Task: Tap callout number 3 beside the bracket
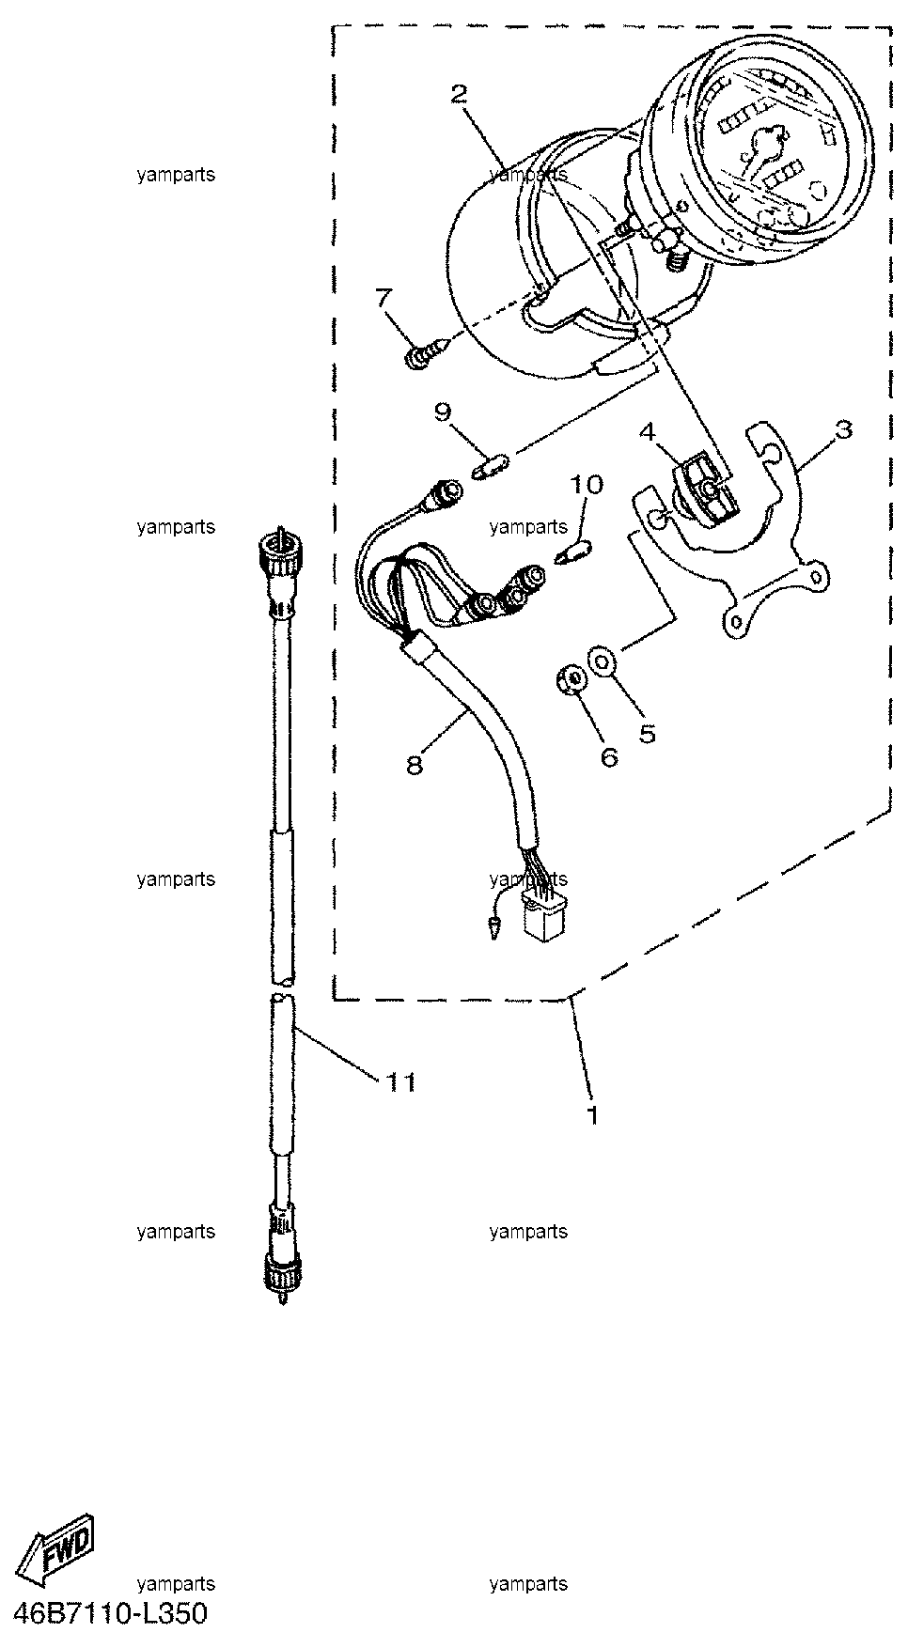pyautogui.click(x=843, y=430)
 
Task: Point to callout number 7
pyautogui.click(x=383, y=299)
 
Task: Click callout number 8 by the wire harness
pyautogui.click(x=415, y=765)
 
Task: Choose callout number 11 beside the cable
pyautogui.click(x=400, y=1082)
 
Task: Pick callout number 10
pyautogui.click(x=587, y=485)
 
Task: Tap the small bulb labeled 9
pyautogui.click(x=489, y=466)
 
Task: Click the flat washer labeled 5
pyautogui.click(x=602, y=661)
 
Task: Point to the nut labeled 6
pyautogui.click(x=569, y=679)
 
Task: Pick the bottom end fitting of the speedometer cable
pyautogui.click(x=281, y=1260)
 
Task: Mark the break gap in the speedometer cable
pyautogui.click(x=283, y=989)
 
